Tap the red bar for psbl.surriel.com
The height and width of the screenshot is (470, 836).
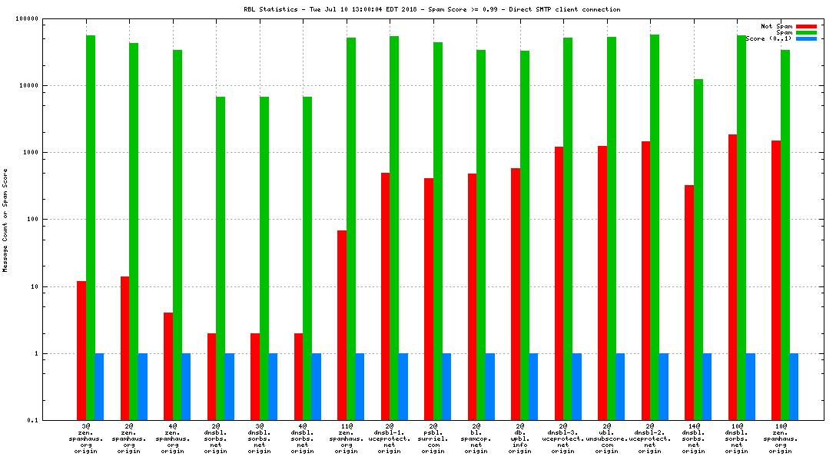click(x=429, y=299)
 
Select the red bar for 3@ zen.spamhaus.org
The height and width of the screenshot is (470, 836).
click(x=81, y=350)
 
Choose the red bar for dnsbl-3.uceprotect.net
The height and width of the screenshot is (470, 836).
click(x=559, y=283)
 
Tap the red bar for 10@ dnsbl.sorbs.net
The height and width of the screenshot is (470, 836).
click(x=732, y=277)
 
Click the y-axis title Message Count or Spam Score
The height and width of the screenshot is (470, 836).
click(x=5, y=220)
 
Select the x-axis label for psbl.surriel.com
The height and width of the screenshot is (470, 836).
click(x=433, y=437)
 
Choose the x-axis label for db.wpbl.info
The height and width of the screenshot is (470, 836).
click(x=519, y=437)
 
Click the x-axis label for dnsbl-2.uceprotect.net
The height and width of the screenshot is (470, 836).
click(x=650, y=437)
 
